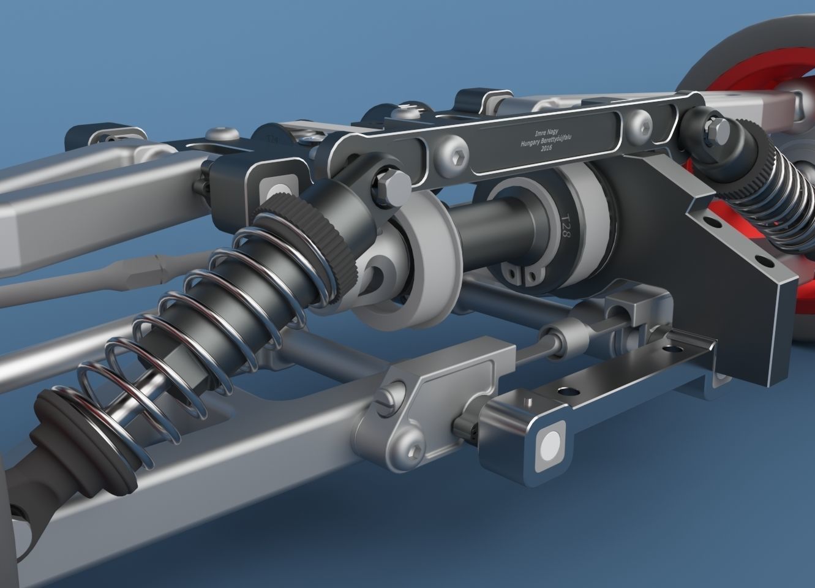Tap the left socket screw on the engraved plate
click(452, 149)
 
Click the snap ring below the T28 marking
click(518, 274)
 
